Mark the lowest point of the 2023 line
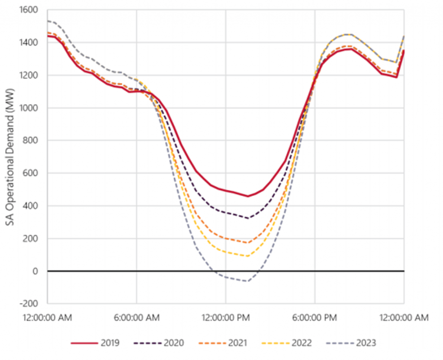[247, 281]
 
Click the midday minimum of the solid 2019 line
[247, 196]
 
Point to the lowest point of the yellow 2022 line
[247, 256]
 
